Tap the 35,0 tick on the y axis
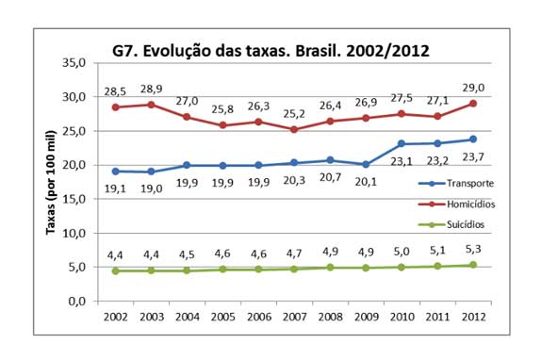74,62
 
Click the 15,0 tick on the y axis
74,199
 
